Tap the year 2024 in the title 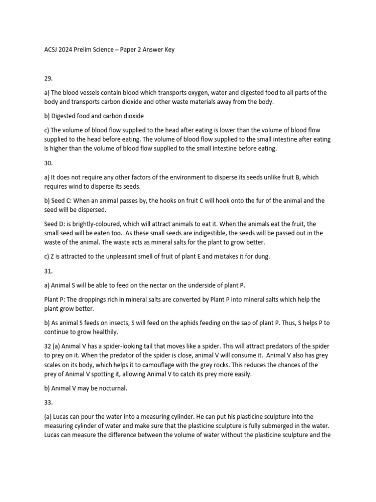[70, 49]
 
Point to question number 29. [48, 77]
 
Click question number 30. [48, 163]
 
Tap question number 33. [48, 402]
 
